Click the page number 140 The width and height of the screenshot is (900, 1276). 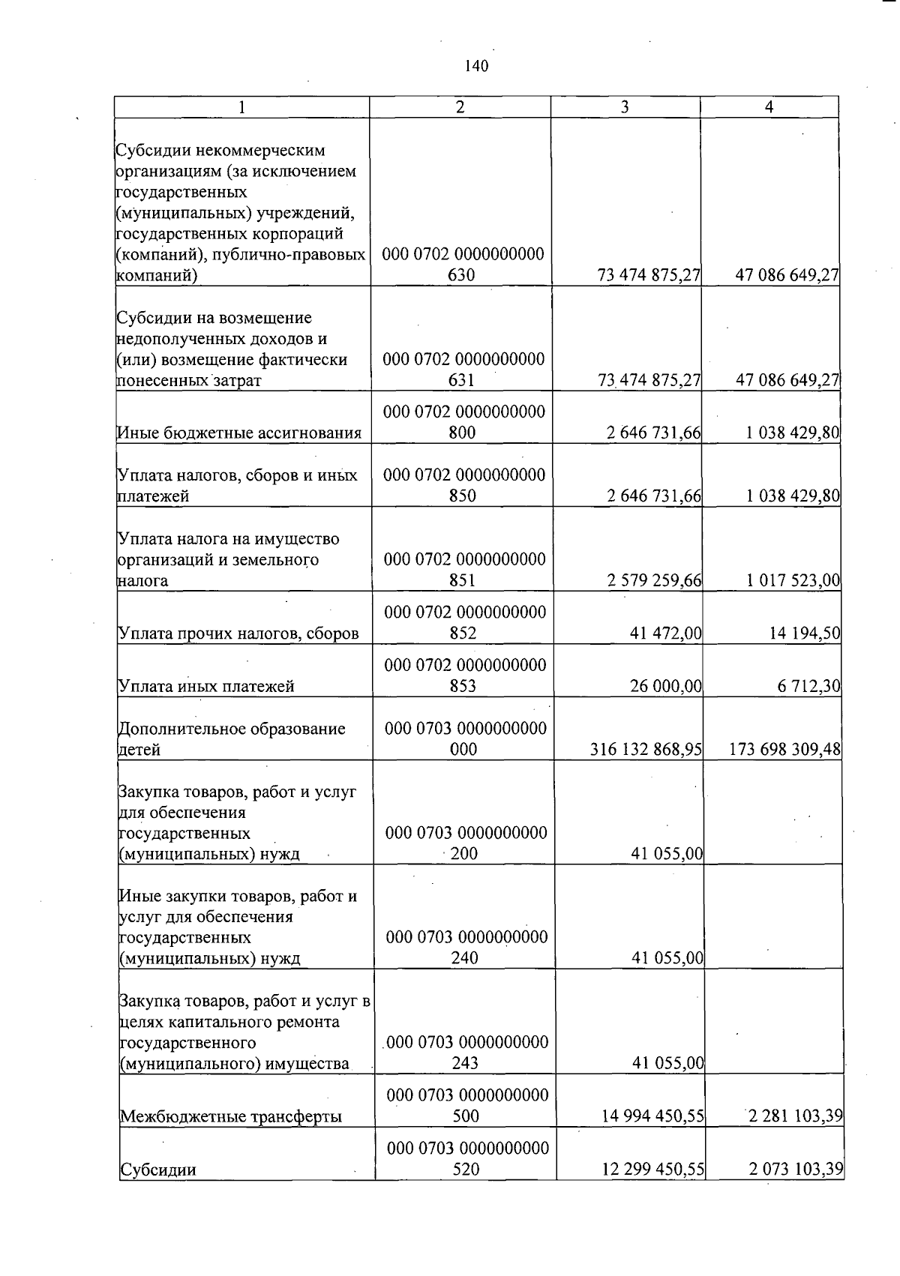pyautogui.click(x=476, y=66)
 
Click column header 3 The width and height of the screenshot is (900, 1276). pyautogui.click(x=625, y=107)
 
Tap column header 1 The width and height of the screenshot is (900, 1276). pyautogui.click(x=241, y=107)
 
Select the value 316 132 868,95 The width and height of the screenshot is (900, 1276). pyautogui.click(x=646, y=749)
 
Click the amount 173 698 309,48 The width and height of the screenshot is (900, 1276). pyautogui.click(x=784, y=749)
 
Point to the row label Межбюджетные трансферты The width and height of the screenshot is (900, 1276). pyautogui.click(x=231, y=1116)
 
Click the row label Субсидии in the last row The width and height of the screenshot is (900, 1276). pyautogui.click(x=158, y=1170)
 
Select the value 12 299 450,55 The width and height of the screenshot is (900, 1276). pyautogui.click(x=652, y=1169)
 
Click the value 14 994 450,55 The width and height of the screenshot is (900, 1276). pyautogui.click(x=652, y=1116)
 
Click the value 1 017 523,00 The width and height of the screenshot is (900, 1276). pyautogui.click(x=793, y=580)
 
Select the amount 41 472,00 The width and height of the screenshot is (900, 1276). pyautogui.click(x=666, y=634)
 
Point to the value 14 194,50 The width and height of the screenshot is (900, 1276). pyautogui.click(x=804, y=634)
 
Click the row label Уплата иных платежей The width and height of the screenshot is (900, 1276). pyautogui.click(x=206, y=686)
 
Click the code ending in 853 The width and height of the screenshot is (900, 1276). pyautogui.click(x=464, y=675)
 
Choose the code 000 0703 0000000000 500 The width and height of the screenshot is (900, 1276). pyautogui.click(x=466, y=1105)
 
